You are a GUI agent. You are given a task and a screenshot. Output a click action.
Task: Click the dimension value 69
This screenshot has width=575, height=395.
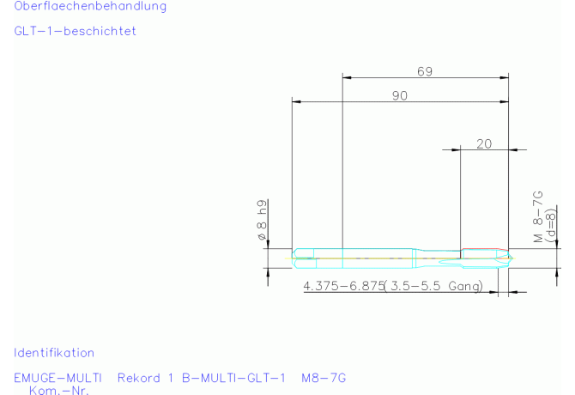pos(425,71)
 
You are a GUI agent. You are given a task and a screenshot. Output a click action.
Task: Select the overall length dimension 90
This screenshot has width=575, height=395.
pos(400,95)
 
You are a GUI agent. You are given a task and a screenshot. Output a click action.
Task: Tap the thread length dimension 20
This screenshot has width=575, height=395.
pos(484,143)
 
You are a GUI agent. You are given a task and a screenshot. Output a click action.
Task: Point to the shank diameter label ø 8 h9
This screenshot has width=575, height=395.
pos(262,220)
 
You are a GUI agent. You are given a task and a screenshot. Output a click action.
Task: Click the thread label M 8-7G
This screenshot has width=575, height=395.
pos(538,216)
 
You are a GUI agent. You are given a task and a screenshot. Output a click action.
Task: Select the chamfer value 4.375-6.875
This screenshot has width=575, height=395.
pos(343,286)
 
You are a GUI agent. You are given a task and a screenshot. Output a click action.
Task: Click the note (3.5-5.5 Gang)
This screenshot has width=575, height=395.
pos(433,286)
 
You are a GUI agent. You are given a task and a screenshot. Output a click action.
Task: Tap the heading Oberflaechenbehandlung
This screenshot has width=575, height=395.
pos(90,6)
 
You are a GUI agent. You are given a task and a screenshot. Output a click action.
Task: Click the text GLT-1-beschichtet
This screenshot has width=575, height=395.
pos(76,31)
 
